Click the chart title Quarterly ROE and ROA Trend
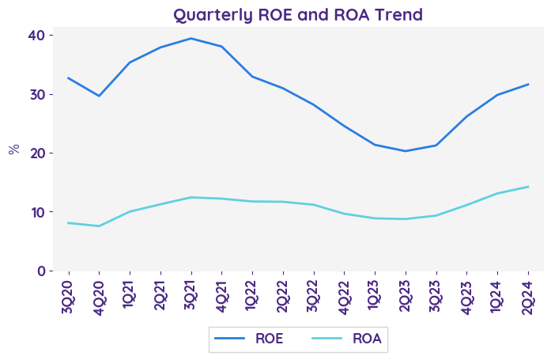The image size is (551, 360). (298, 15)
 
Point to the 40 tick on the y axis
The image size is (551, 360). (36, 36)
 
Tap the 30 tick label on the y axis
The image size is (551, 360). (36, 94)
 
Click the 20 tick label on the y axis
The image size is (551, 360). (36, 153)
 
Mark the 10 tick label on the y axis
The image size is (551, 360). (36, 212)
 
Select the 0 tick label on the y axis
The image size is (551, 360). (40, 271)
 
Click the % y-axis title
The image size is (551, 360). (14, 149)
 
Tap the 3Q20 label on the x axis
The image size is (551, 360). (68, 295)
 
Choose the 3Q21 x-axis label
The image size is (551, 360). (191, 295)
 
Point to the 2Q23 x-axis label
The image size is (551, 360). (406, 295)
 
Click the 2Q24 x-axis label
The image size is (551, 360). (528, 295)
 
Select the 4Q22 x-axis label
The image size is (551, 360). (344, 295)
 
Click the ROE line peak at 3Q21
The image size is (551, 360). (191, 38)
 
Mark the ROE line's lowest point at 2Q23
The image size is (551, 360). (406, 151)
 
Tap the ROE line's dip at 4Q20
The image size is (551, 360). (99, 96)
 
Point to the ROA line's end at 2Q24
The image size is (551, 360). (528, 187)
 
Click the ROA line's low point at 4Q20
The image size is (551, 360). (99, 226)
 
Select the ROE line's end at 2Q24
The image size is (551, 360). (528, 84)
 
